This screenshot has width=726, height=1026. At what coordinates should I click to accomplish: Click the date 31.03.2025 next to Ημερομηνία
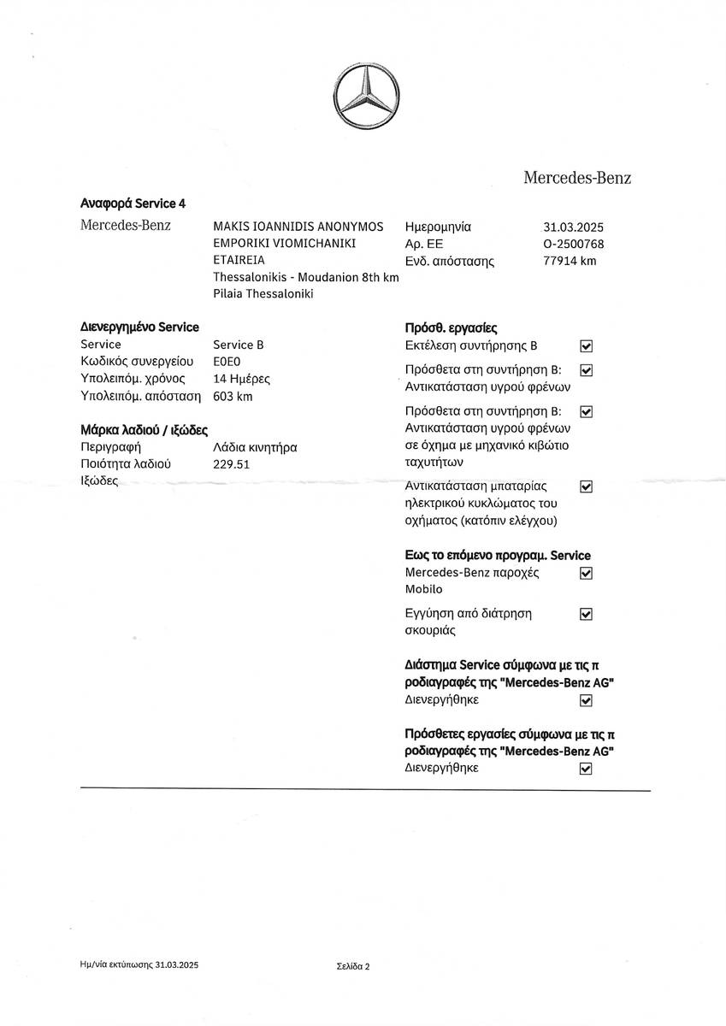point(573,227)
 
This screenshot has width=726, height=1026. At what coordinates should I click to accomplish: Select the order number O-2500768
point(573,245)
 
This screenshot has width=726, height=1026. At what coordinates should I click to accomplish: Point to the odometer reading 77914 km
point(570,261)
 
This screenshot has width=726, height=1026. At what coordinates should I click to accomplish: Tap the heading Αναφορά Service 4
point(133,203)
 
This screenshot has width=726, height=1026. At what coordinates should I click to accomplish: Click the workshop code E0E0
point(227,362)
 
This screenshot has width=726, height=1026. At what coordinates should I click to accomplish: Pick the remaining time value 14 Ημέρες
point(241,379)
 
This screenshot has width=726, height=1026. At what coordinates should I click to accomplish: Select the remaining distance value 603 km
point(233,396)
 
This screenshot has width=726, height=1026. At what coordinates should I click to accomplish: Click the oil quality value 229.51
point(231,464)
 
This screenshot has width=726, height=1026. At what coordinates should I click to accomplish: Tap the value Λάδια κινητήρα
point(255,447)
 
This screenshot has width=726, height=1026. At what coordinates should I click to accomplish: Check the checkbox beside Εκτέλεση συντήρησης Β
point(586,346)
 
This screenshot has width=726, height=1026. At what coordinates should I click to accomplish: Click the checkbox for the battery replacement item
point(586,486)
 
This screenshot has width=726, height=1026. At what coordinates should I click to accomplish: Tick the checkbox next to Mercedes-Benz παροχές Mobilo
point(586,573)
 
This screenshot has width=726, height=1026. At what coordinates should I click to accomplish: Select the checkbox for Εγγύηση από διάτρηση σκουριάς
point(586,614)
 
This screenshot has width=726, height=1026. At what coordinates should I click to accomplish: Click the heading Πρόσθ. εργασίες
point(451,328)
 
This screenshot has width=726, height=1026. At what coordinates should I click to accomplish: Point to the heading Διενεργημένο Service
point(139,327)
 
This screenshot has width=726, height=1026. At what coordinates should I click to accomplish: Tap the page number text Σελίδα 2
point(353,967)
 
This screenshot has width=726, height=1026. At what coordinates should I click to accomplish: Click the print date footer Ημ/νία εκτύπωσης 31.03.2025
point(139,964)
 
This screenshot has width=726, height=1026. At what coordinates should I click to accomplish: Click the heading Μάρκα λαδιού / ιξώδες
point(145,430)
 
